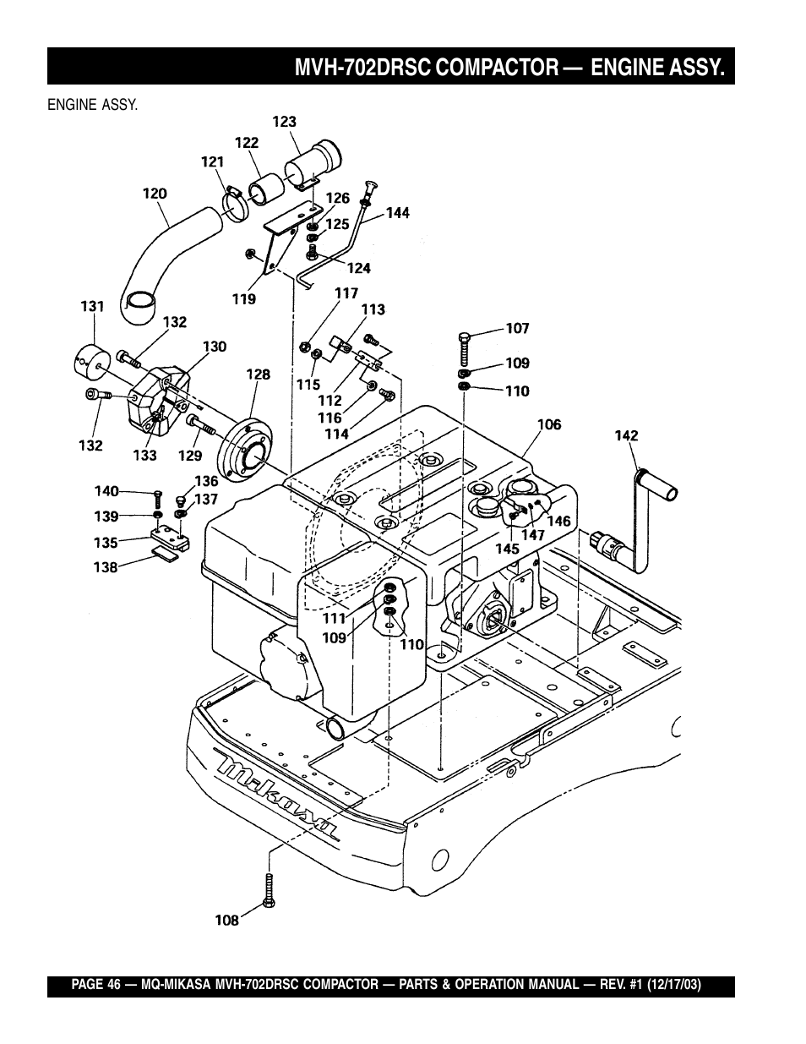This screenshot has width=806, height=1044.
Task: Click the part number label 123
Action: (x=284, y=122)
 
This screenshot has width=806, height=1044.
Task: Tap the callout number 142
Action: (x=626, y=436)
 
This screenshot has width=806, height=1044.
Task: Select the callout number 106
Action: (x=549, y=424)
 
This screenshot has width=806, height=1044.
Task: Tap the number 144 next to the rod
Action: (x=398, y=213)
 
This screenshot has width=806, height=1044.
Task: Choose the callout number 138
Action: (x=106, y=568)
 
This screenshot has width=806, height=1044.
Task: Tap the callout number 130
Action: (x=215, y=347)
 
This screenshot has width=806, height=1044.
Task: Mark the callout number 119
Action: (x=244, y=298)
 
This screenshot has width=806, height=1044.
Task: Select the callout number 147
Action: (x=532, y=534)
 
